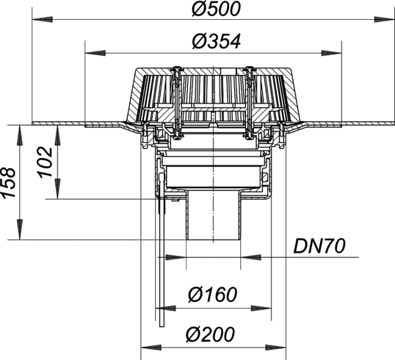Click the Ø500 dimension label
216,10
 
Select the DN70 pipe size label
319,246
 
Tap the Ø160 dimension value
213,294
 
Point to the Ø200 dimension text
210,334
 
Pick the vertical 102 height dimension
45,163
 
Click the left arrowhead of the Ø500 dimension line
42,19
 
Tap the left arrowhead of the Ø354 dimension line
95,53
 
